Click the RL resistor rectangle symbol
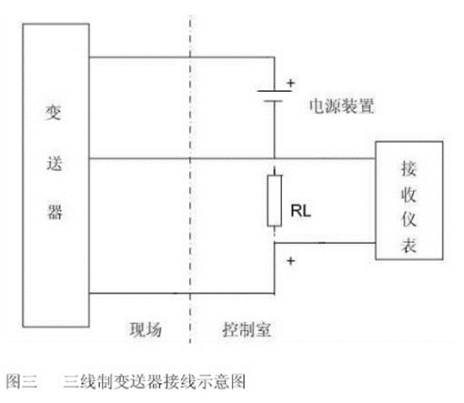click(274, 200)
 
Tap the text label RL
click(300, 210)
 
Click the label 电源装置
click(342, 106)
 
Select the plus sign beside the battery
click(291, 83)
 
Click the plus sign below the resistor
click(291, 260)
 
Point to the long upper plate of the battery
click(274, 91)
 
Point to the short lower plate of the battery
click(273, 101)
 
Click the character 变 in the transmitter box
click(54, 113)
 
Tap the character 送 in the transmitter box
click(55, 164)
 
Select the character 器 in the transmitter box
click(55, 211)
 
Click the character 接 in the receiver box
click(409, 168)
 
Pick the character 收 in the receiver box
click(409, 195)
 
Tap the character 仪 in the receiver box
click(409, 218)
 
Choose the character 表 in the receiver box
click(409, 245)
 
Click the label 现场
click(146, 329)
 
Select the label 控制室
click(247, 329)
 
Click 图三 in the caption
click(22, 381)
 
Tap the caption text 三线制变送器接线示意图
click(155, 381)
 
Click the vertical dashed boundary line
click(190, 179)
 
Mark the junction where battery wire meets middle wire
click(275, 158)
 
